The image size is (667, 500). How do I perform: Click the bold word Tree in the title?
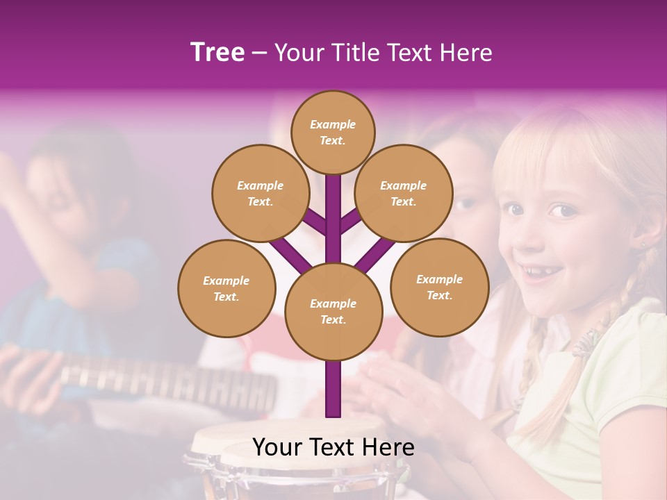(217, 53)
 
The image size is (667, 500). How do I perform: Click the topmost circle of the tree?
(333, 132)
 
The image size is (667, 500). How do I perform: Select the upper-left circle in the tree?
(260, 193)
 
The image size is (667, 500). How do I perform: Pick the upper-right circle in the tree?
(403, 193)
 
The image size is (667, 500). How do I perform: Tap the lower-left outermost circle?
(226, 288)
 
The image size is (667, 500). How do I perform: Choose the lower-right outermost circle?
(439, 287)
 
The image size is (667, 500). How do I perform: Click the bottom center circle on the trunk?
(333, 311)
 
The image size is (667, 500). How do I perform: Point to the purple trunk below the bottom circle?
(333, 389)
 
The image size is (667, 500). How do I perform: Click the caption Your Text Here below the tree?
(333, 447)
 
